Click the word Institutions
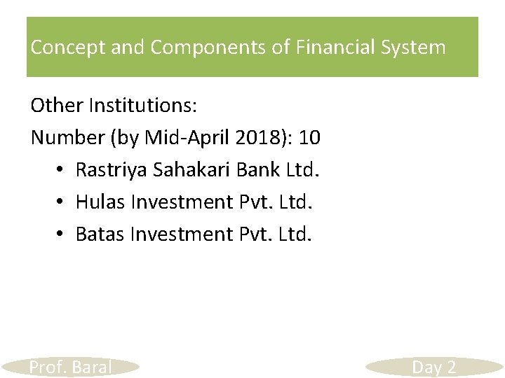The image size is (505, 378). coord(144,106)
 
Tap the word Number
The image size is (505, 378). coord(67,137)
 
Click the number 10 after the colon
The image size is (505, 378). coord(309,137)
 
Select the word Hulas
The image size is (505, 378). coord(98,202)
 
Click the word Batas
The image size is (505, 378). coord(100,233)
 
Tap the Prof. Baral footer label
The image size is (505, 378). coord(70,367)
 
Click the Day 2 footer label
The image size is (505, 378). coord(433,367)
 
